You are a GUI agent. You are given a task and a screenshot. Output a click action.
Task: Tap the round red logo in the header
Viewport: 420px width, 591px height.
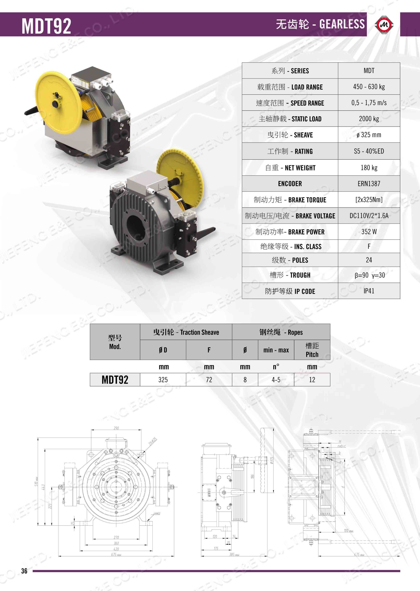pos(384,25)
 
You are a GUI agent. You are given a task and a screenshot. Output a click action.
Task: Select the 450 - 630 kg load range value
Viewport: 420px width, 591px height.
pos(369,87)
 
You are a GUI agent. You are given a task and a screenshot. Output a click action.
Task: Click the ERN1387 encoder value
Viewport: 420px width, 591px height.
pos(369,184)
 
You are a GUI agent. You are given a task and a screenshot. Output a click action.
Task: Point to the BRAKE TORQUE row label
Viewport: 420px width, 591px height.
pos(290,200)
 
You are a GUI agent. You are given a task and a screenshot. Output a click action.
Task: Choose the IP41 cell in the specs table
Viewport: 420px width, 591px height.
pos(369,291)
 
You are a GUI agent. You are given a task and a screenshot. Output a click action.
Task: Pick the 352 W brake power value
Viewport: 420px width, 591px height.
pos(369,232)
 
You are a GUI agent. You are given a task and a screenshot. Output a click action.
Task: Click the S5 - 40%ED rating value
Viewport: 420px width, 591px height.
pos(369,151)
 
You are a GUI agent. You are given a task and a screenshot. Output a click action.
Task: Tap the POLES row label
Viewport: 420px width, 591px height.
pos(290,260)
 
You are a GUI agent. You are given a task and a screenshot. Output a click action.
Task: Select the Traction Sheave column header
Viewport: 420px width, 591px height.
pos(186,332)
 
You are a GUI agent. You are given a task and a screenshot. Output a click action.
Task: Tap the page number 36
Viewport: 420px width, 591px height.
pos(24,571)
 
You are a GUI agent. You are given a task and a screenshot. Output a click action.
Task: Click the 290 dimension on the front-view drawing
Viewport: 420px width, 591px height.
pos(116,428)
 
